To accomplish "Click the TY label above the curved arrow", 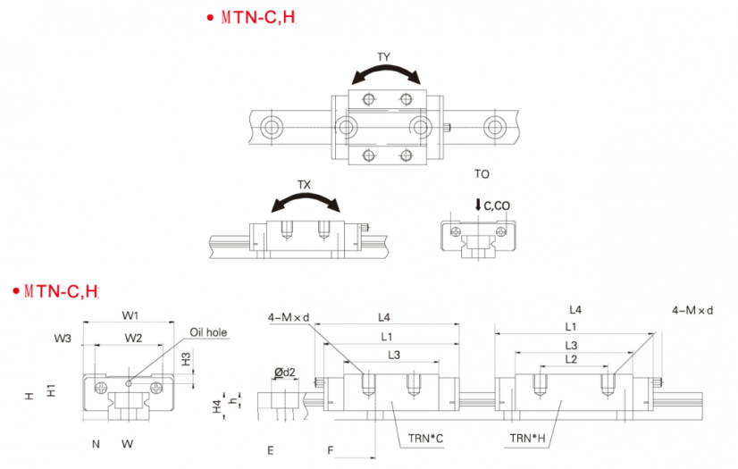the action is [383, 57].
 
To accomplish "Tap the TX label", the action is [304, 185].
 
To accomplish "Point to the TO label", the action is [482, 174].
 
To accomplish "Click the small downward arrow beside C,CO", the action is [478, 205].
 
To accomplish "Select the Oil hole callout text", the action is [208, 332].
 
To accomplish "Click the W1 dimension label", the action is [130, 315].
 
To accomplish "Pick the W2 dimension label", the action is [133, 338].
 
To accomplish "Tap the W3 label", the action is [63, 339].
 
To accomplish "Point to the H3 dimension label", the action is [187, 359].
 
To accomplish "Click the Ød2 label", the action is [285, 373].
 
